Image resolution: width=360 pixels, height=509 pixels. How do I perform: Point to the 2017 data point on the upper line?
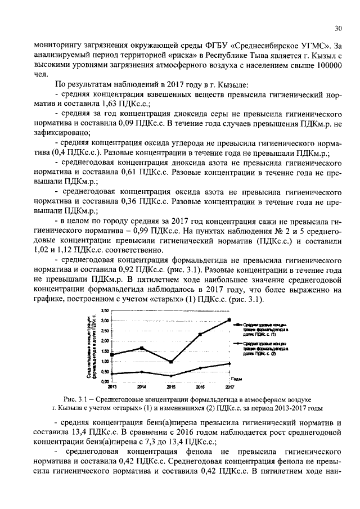(229, 320)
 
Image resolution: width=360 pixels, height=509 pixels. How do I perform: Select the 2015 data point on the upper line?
(170, 362)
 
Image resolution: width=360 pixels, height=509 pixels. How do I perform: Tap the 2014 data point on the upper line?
(142, 348)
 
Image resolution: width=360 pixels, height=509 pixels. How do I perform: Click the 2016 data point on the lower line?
(200, 368)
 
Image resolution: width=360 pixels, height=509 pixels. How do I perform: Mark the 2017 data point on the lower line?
(229, 363)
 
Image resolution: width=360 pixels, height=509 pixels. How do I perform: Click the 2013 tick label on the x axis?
(112, 388)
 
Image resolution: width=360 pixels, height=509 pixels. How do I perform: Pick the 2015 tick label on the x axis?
(171, 388)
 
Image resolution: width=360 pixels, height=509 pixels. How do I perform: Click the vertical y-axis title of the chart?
(92, 345)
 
